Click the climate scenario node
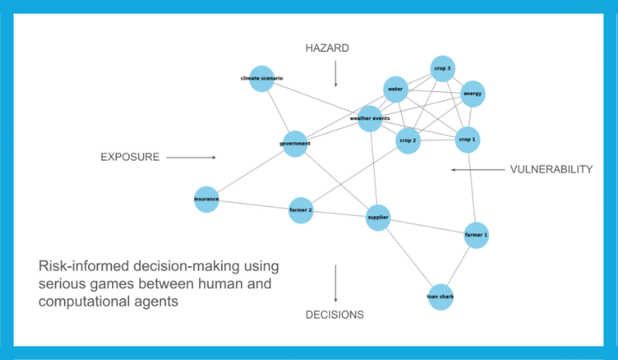[x=262, y=78]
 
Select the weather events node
[x=370, y=118]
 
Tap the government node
[x=295, y=144]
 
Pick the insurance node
[x=207, y=199]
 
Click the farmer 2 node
[x=301, y=210]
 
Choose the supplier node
[x=378, y=217]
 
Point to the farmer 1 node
[x=476, y=235]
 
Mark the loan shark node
[x=440, y=297]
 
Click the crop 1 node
[x=468, y=140]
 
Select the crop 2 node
[x=408, y=141]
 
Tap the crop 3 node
[x=443, y=69]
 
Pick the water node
[x=395, y=89]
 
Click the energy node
[x=472, y=94]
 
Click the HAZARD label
[x=327, y=48]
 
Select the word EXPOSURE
[x=130, y=157]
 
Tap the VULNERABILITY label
[x=552, y=170]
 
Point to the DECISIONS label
[x=335, y=314]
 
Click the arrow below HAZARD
[x=335, y=74]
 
